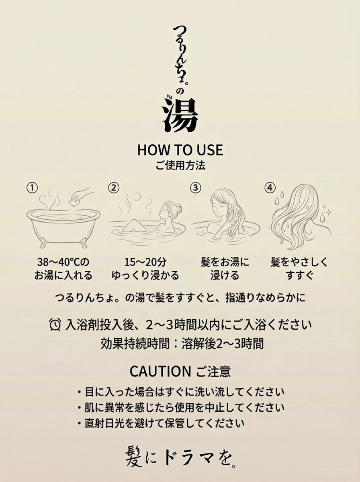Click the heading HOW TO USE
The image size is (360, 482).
pyautogui.click(x=180, y=149)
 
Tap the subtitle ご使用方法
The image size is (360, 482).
pyautogui.click(x=180, y=165)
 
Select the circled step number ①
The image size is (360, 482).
pyautogui.click(x=32, y=188)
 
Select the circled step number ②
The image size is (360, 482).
pyautogui.click(x=114, y=188)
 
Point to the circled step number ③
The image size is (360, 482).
pyautogui.click(x=195, y=188)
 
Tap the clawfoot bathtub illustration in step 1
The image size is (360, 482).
pyautogui.click(x=63, y=225)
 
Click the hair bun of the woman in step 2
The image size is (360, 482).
pyautogui.click(x=178, y=208)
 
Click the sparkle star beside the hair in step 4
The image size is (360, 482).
pyautogui.click(x=328, y=211)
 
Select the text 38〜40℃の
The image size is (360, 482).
pyautogui.click(x=63, y=262)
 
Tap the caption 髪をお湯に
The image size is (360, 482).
pyautogui.click(x=225, y=262)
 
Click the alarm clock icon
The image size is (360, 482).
pyautogui.click(x=55, y=324)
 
